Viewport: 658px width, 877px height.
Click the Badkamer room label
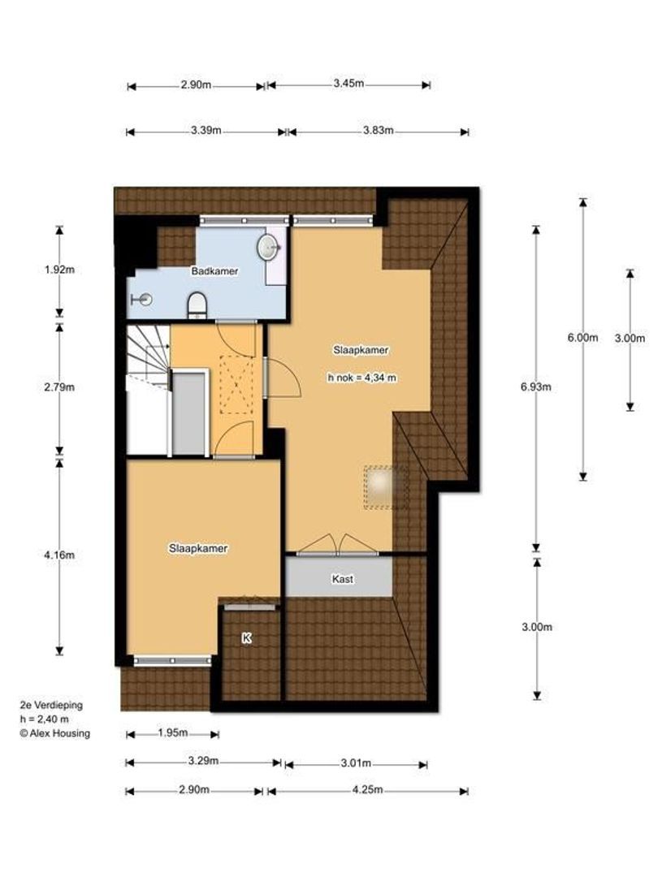pyautogui.click(x=214, y=271)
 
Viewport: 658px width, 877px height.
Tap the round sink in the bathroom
pyautogui.click(x=269, y=246)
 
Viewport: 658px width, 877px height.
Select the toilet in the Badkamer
pyautogui.click(x=197, y=305)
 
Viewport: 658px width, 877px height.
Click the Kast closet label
pyautogui.click(x=343, y=579)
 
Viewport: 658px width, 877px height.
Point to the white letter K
pyautogui.click(x=247, y=637)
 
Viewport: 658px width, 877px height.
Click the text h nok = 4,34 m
pyautogui.click(x=362, y=378)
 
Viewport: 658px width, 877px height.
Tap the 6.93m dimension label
pyautogui.click(x=536, y=387)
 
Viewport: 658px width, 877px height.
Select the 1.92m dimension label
pyautogui.click(x=59, y=270)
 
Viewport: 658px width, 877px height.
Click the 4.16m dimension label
pyautogui.click(x=59, y=555)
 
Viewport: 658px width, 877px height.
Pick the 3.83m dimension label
pyautogui.click(x=379, y=131)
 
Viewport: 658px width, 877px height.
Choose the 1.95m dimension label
pyautogui.click(x=173, y=732)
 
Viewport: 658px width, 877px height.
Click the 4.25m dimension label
pyautogui.click(x=368, y=790)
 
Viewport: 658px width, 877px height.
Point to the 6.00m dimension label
pyautogui.click(x=583, y=337)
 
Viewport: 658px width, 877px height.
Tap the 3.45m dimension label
pyautogui.click(x=349, y=84)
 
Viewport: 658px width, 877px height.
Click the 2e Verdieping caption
pyautogui.click(x=51, y=706)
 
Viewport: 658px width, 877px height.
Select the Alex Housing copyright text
pyautogui.click(x=55, y=733)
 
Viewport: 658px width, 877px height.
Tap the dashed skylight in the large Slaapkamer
pyautogui.click(x=386, y=487)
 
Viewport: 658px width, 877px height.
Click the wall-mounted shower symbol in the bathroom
pyautogui.click(x=141, y=300)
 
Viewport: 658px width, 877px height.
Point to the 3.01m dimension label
pyautogui.click(x=357, y=763)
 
